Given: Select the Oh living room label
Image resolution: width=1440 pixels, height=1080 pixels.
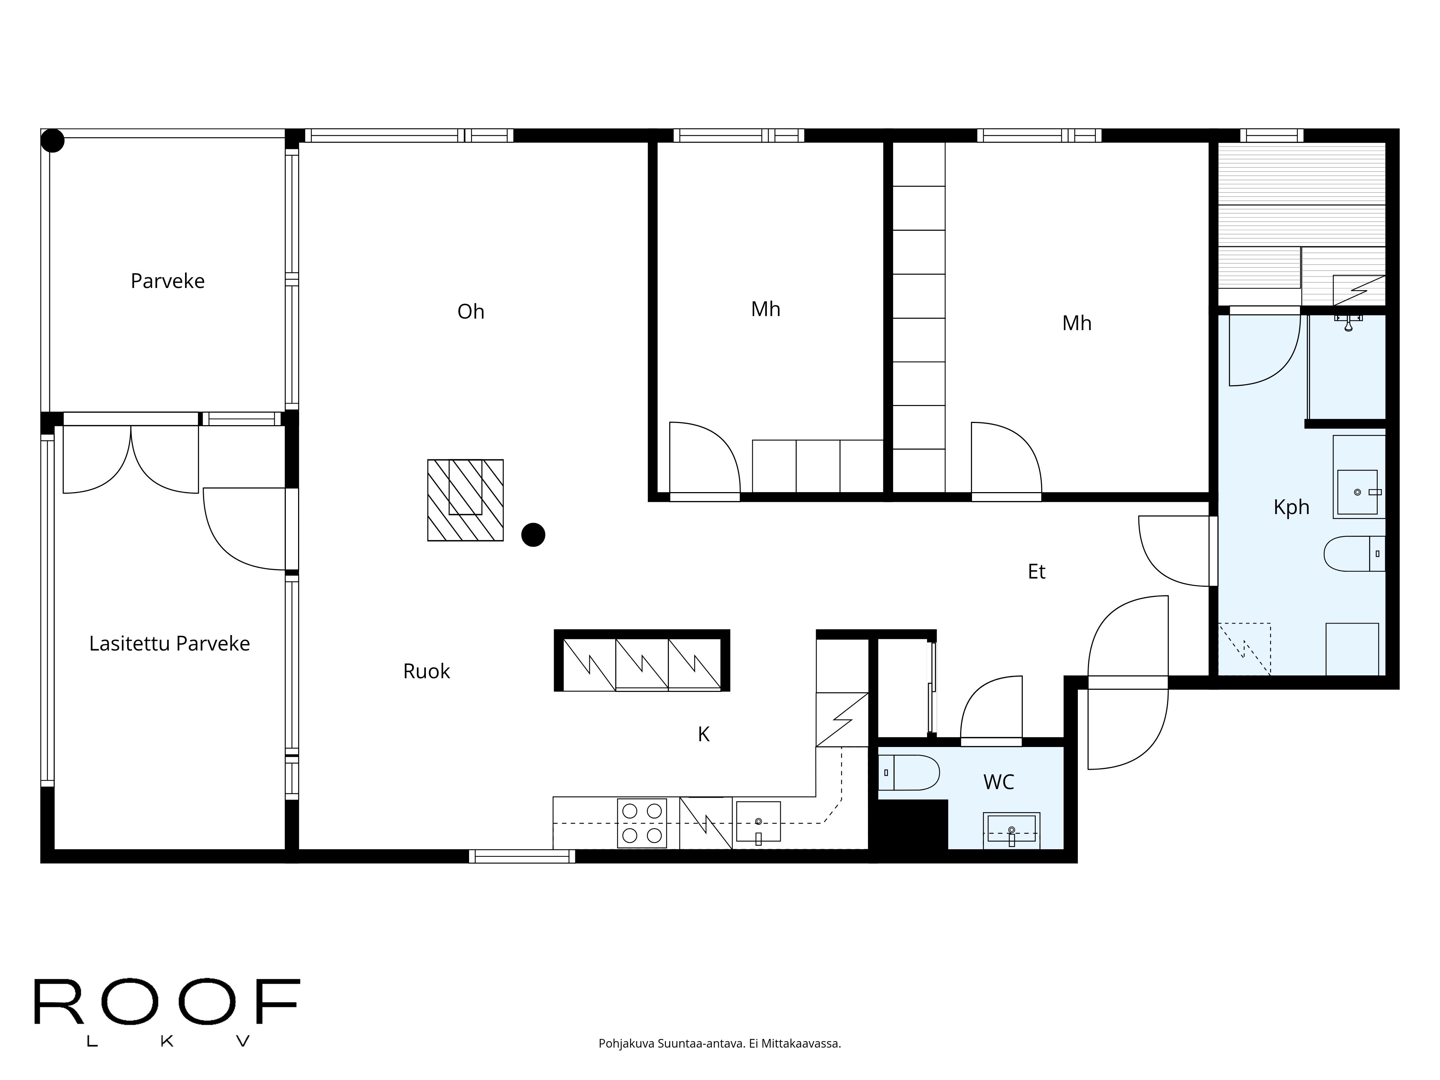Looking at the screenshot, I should tap(471, 312).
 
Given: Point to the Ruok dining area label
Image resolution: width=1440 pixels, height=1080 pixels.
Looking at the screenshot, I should tap(426, 671).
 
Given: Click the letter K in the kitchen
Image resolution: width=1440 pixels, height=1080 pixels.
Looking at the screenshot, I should tap(703, 734).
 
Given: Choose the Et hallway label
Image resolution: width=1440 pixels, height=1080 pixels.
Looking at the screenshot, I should tap(1036, 572).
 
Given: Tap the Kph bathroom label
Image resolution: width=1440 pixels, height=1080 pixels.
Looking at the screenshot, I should tap(1291, 507).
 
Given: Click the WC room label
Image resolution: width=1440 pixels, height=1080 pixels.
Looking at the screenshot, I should tap(998, 782).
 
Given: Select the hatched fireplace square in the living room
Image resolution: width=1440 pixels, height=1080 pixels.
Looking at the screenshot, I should tap(465, 500).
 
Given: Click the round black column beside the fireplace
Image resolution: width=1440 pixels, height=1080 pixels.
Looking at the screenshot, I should tap(533, 535).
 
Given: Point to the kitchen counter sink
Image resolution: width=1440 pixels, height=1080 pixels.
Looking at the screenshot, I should tap(758, 822).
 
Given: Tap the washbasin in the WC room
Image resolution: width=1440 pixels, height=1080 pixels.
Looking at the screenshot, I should tap(1011, 830).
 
